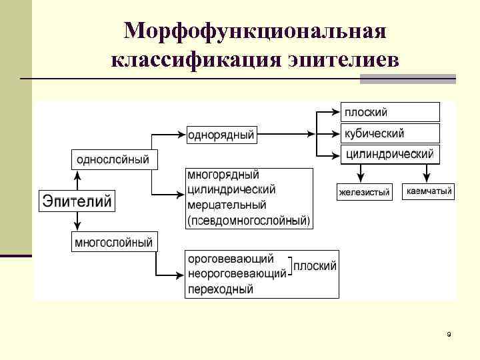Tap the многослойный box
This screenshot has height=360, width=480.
coord(113,243)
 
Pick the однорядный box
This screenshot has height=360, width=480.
coord(221,135)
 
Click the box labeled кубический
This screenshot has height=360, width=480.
coord(391,133)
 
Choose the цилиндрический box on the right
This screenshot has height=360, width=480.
coord(391,155)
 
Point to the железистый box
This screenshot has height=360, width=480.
coord(364,192)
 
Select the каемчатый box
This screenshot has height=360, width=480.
coord(429,192)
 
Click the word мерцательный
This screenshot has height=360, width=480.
coord(226,205)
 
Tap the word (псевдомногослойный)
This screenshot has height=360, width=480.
coord(249,219)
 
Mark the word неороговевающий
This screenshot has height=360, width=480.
coord(237,273)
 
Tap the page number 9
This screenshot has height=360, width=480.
coord(449,334)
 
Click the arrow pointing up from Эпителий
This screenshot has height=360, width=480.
coord(77,179)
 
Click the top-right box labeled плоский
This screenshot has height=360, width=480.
coord(391,111)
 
